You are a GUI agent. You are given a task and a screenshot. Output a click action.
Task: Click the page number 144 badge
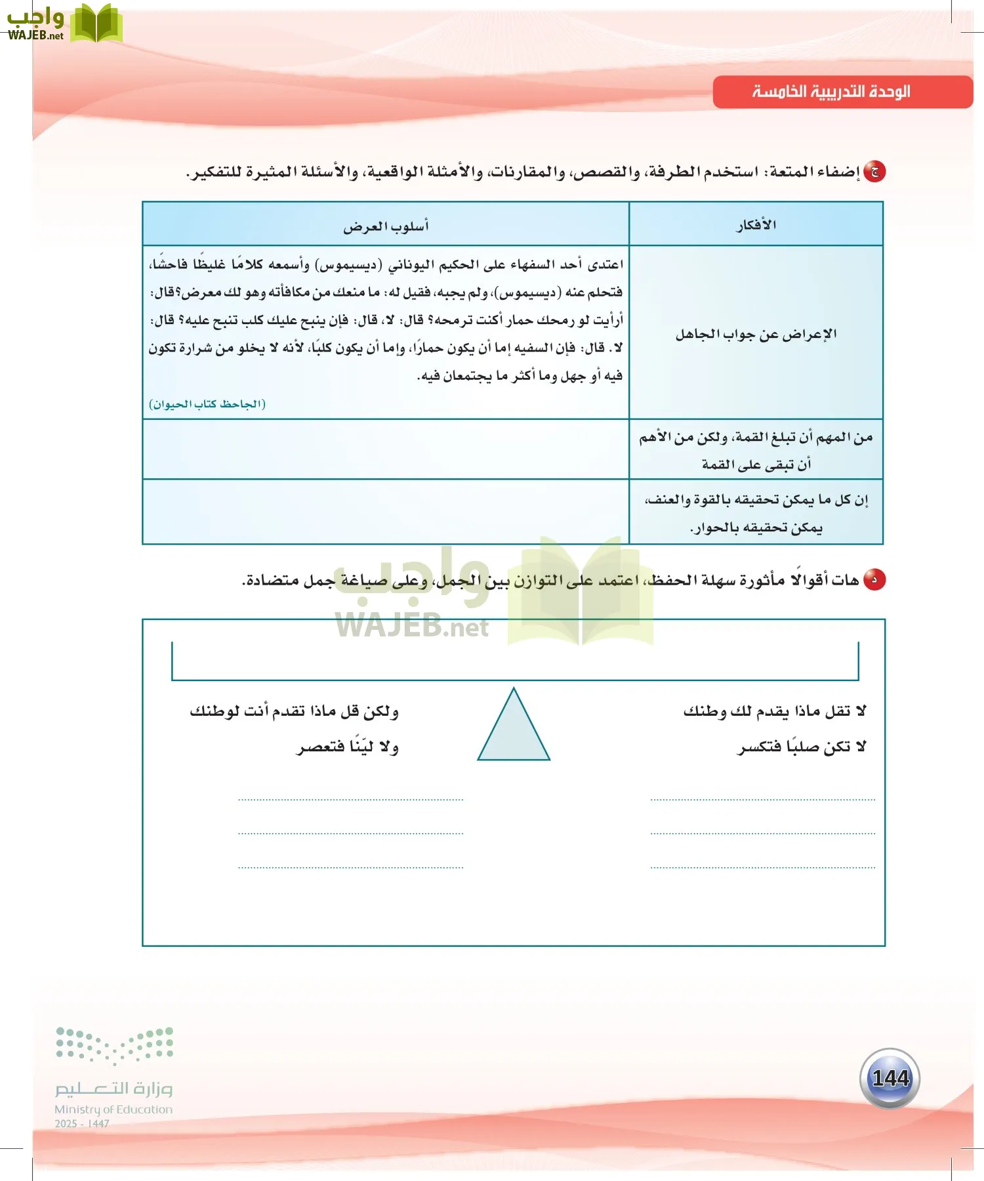[890, 1079]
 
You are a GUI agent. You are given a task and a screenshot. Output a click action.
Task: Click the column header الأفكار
[756, 225]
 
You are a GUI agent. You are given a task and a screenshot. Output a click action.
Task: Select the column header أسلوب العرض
[386, 226]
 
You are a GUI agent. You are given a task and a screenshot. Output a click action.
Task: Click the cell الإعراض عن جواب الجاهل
[756, 335]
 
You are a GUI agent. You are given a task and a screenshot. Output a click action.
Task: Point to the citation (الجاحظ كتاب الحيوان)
[207, 404]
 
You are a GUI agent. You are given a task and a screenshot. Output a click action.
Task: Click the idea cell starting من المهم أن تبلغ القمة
[756, 450]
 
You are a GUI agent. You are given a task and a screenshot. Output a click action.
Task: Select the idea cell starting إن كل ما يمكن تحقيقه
[756, 513]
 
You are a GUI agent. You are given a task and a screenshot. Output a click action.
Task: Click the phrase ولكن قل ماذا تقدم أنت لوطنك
[294, 711]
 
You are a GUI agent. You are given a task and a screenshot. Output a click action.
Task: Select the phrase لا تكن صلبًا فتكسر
[802, 747]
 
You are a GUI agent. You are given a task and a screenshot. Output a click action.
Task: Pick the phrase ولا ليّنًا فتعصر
[348, 747]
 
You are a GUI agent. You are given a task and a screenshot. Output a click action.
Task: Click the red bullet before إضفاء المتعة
[874, 172]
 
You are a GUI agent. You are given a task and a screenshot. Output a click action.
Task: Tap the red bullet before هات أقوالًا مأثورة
[874, 580]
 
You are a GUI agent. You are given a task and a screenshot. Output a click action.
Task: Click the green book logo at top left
[96, 24]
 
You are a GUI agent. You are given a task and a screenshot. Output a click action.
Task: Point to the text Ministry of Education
[113, 1109]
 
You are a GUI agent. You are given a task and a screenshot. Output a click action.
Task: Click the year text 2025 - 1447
[82, 1124]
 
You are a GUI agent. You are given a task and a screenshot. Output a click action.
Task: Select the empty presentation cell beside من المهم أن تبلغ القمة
[386, 449]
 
